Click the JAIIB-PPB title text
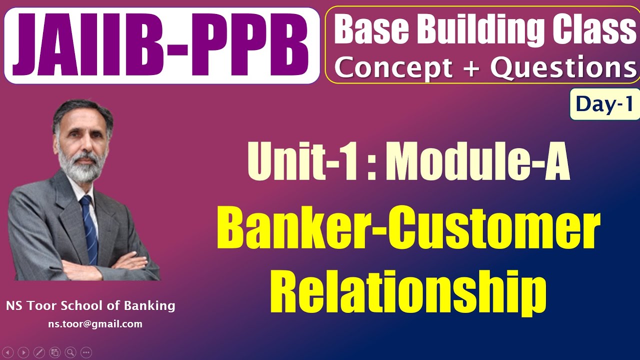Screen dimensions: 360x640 161,45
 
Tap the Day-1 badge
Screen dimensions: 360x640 604,103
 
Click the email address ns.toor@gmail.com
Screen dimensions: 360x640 95,324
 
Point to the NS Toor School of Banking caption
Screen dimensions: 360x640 90,305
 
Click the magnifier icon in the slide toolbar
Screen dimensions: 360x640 70,352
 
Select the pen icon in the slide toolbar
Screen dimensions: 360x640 39,352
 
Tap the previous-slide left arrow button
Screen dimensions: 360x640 8,352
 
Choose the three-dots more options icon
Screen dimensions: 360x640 86,352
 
